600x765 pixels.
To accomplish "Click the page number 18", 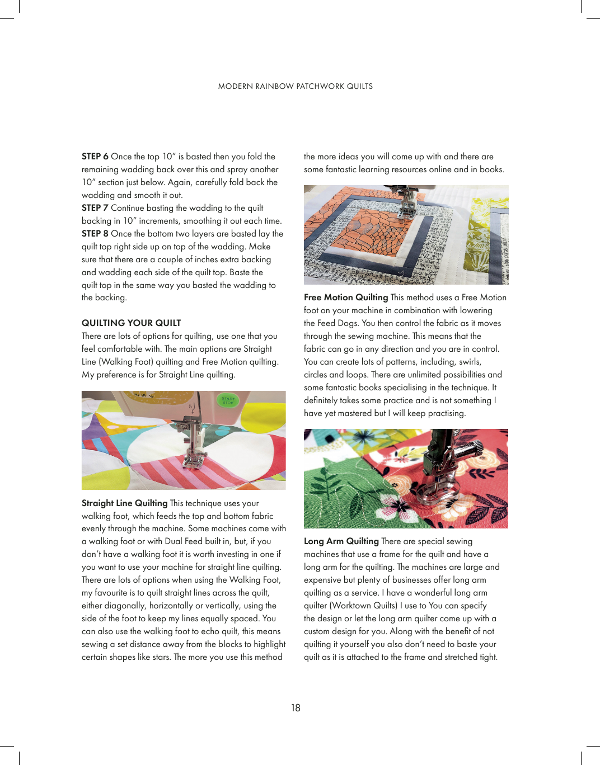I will (x=296, y=708).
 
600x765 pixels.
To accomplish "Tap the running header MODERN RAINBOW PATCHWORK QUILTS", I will (x=296, y=86).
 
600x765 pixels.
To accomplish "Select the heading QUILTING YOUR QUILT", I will (x=131, y=323).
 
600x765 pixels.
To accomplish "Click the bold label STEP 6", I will (x=95, y=157).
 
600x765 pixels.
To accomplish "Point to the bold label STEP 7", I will (x=95, y=208).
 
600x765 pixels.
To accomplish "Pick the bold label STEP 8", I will (x=95, y=234).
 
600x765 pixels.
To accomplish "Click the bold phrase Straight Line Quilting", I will (x=124, y=503).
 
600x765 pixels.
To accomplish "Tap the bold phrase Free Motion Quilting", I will (x=346, y=297).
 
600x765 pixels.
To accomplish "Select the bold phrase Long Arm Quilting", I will (x=341, y=541).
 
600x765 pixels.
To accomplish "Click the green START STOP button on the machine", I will (x=228, y=400).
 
